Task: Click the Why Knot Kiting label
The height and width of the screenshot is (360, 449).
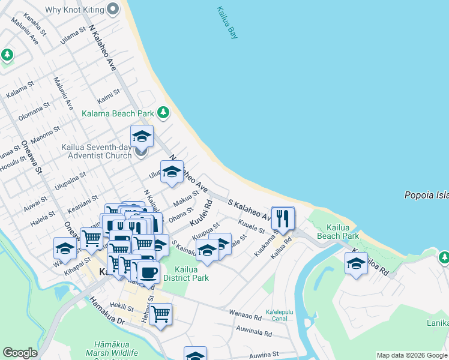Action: click(73, 9)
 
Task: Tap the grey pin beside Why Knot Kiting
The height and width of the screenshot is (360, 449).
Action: click(113, 9)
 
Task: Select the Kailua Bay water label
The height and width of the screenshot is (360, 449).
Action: click(228, 23)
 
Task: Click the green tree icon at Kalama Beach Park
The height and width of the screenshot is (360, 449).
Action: click(163, 112)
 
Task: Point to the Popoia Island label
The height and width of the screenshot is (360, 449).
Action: click(426, 195)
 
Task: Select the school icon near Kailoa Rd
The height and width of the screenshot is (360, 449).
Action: click(356, 263)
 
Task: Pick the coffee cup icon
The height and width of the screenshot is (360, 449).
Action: click(148, 272)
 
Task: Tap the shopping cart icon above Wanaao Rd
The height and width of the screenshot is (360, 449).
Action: click(160, 314)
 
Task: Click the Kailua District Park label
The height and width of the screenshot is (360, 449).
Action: click(186, 274)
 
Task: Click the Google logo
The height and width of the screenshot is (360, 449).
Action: click(20, 353)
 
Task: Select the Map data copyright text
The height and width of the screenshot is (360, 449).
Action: click(412, 355)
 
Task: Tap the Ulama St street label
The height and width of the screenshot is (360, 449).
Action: click(73, 34)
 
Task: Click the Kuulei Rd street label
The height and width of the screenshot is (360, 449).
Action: click(201, 214)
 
